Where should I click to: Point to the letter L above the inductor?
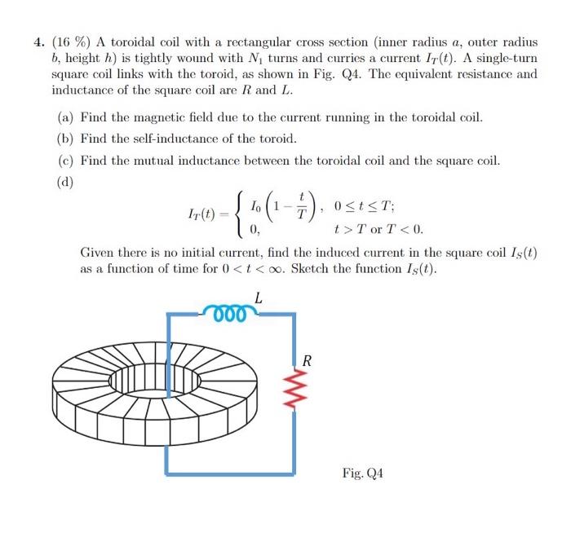(258, 298)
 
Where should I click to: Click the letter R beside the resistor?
(307, 361)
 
